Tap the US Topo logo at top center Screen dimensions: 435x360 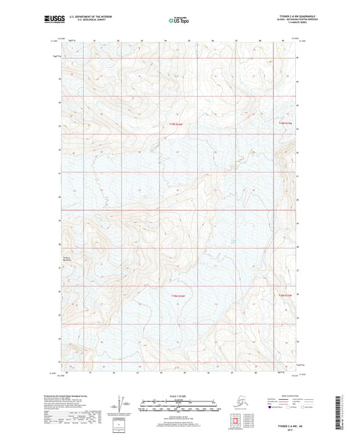tap(178, 20)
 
